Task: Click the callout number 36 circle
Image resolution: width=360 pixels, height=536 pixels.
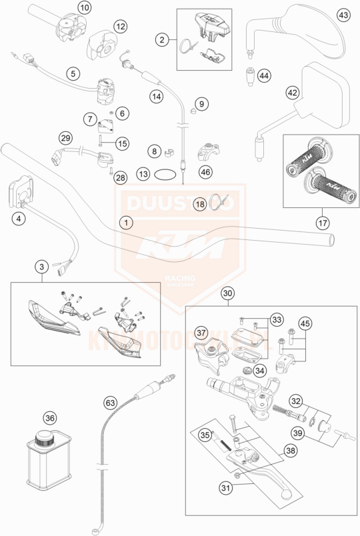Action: (49, 418)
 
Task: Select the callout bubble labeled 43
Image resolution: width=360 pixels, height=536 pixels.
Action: (343, 14)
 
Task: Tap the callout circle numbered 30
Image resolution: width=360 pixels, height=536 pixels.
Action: (228, 293)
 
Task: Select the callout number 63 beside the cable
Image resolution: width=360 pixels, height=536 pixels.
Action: (111, 403)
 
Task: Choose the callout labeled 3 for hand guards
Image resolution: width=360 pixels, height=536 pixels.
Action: (41, 267)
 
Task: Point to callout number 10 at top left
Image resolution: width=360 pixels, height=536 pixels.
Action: (84, 8)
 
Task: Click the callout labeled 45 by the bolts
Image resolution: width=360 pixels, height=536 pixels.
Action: (305, 323)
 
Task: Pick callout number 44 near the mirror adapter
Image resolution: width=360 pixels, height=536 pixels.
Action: (264, 77)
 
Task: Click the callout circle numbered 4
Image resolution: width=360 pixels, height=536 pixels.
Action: (21, 218)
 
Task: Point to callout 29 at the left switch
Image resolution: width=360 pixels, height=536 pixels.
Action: (65, 138)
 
